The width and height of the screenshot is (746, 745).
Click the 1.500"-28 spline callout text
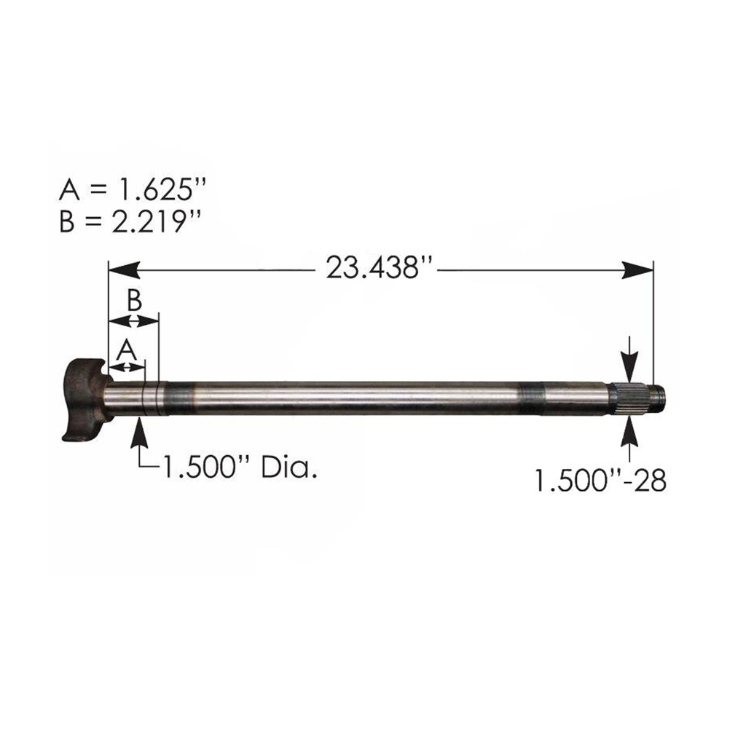[x=600, y=481]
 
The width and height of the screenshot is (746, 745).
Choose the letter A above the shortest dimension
[x=127, y=350]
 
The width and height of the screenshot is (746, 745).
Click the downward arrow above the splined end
[x=629, y=363]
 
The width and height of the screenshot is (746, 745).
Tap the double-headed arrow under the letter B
[x=133, y=320]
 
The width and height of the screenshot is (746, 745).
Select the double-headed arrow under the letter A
[x=127, y=366]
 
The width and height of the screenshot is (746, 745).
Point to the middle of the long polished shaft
[x=357, y=397]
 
